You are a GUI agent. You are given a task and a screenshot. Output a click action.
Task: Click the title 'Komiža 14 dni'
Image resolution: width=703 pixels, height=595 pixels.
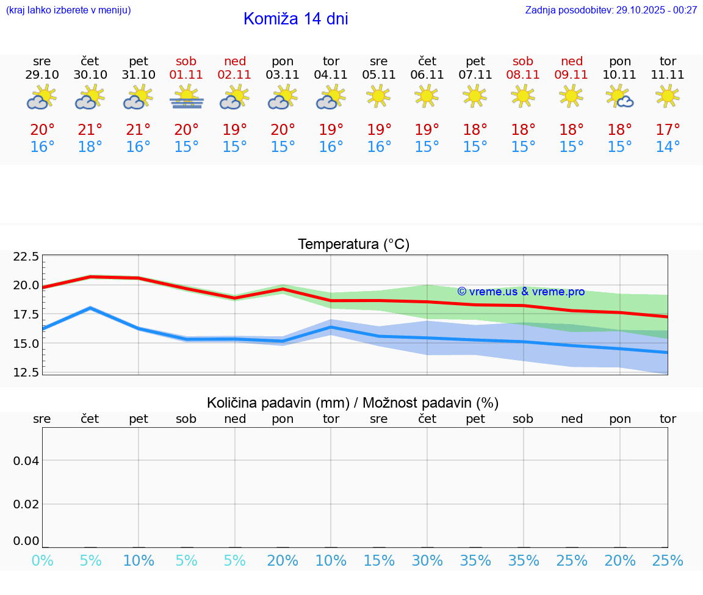pyautogui.click(x=295, y=19)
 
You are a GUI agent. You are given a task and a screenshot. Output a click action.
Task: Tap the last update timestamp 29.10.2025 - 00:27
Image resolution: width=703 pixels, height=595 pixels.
pyautogui.click(x=611, y=10)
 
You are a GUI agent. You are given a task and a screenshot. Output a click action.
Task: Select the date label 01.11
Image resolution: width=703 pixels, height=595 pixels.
pyautogui.click(x=187, y=75)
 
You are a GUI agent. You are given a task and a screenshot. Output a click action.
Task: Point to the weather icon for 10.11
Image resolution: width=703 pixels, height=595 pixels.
pyautogui.click(x=620, y=97)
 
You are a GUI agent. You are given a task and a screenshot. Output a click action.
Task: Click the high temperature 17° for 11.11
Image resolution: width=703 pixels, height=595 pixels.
pyautogui.click(x=668, y=130)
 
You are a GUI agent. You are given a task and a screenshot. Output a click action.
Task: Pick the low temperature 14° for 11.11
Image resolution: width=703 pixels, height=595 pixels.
pyautogui.click(x=668, y=147)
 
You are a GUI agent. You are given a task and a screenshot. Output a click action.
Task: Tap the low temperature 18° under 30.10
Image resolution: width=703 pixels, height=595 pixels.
pyautogui.click(x=90, y=147)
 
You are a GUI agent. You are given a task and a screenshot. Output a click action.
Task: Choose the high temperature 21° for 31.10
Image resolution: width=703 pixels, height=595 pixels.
pyautogui.click(x=139, y=130)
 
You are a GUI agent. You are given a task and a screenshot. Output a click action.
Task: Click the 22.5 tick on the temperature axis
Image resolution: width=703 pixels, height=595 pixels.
pyautogui.click(x=26, y=256)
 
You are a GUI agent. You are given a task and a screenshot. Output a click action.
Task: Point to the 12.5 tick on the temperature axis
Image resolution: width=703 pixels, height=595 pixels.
pyautogui.click(x=26, y=372)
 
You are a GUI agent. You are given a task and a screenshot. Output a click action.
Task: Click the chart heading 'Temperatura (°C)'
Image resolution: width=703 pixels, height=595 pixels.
pyautogui.click(x=353, y=245)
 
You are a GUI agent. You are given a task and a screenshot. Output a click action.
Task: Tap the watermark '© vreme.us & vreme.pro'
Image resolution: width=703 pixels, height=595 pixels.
pyautogui.click(x=521, y=292)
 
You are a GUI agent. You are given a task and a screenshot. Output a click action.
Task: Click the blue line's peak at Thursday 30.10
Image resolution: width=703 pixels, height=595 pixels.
pyautogui.click(x=90, y=308)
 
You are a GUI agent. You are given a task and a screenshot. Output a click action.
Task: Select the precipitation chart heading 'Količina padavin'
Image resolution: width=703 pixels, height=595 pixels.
pyautogui.click(x=353, y=403)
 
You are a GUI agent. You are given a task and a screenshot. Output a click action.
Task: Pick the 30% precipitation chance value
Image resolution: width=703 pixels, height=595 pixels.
pyautogui.click(x=427, y=561)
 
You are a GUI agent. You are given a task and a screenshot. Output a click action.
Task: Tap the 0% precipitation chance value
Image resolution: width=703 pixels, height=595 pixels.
pyautogui.click(x=42, y=561)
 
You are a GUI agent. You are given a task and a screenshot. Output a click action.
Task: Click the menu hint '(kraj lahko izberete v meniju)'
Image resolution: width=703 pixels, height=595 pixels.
pyautogui.click(x=68, y=10)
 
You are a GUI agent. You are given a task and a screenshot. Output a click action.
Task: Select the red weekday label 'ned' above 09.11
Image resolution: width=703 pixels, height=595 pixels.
pyautogui.click(x=572, y=61)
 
